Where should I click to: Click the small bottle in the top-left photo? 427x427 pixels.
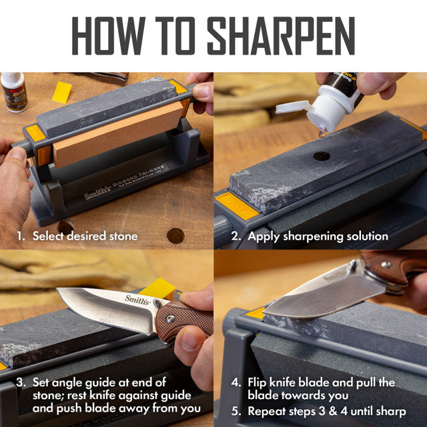pos(13,91)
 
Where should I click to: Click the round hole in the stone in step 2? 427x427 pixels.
pos(322,156)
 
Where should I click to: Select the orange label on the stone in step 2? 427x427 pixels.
pos(236,205)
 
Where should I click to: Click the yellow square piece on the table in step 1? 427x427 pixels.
pos(61,92)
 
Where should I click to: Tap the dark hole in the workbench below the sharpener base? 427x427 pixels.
pos(175,236)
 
